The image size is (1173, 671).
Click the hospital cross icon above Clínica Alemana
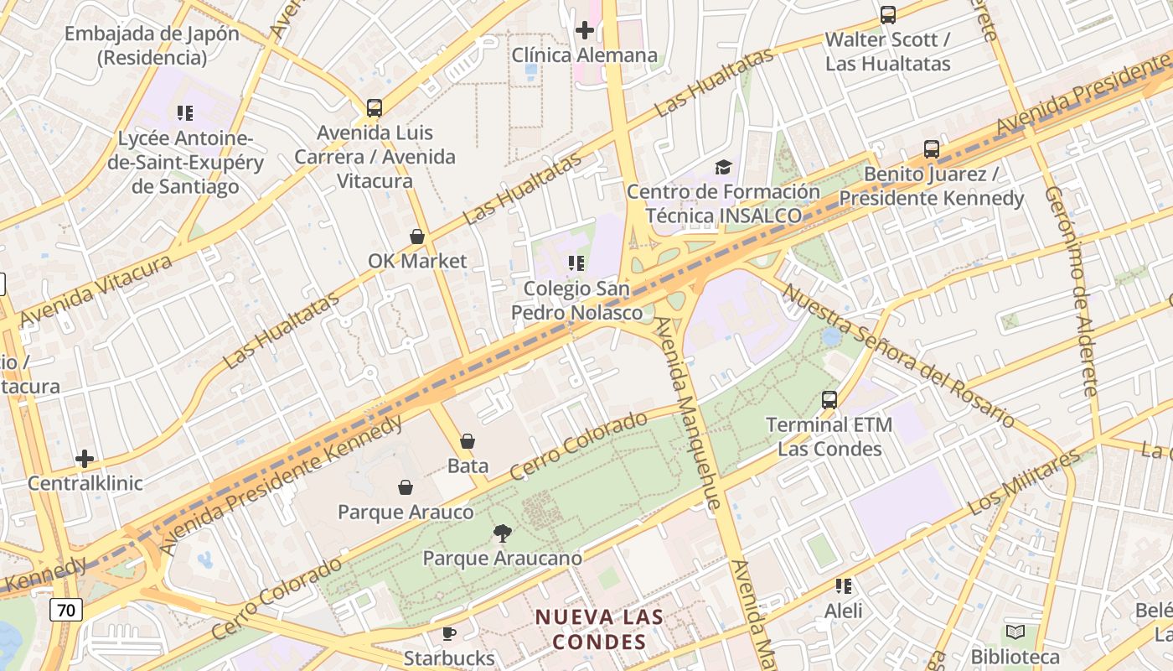tap(585, 31)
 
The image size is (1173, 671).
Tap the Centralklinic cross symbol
tap(85, 459)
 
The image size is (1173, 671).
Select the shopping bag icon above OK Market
tap(417, 237)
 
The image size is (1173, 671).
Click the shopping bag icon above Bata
tap(468, 441)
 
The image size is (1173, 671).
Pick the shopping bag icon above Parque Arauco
tap(406, 487)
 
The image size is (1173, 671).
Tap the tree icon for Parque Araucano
tap(502, 533)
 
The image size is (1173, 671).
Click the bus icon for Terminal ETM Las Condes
tap(829, 400)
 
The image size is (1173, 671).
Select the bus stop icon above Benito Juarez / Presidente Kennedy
tap(932, 150)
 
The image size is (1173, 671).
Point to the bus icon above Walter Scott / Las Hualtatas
tap(888, 15)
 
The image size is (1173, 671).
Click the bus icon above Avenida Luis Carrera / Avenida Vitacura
tap(375, 108)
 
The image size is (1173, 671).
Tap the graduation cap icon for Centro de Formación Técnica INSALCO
tap(723, 168)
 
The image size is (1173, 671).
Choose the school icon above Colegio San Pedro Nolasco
tap(576, 264)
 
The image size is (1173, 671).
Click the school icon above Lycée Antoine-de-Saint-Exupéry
tap(185, 113)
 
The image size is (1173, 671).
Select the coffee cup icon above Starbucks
tap(449, 633)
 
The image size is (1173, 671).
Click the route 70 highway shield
tap(65, 609)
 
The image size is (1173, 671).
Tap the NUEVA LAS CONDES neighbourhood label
tap(600, 629)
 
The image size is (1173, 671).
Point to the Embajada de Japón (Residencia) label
tap(152, 46)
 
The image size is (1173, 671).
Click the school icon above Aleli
tap(844, 586)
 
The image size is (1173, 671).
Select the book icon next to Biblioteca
tap(1015, 632)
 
